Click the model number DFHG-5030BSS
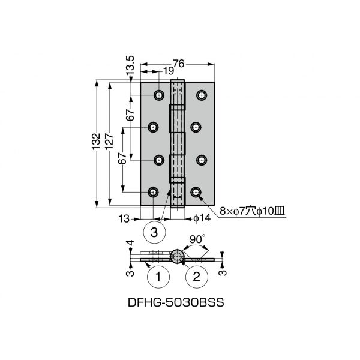[x=176, y=302]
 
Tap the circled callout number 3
[x=154, y=232]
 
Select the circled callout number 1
[x=158, y=277]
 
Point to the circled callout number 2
[x=197, y=277]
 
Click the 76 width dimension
[x=179, y=64]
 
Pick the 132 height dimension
[x=97, y=142]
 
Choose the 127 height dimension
[x=110, y=142]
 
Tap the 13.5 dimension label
[x=130, y=65]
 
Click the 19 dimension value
[x=169, y=71]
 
